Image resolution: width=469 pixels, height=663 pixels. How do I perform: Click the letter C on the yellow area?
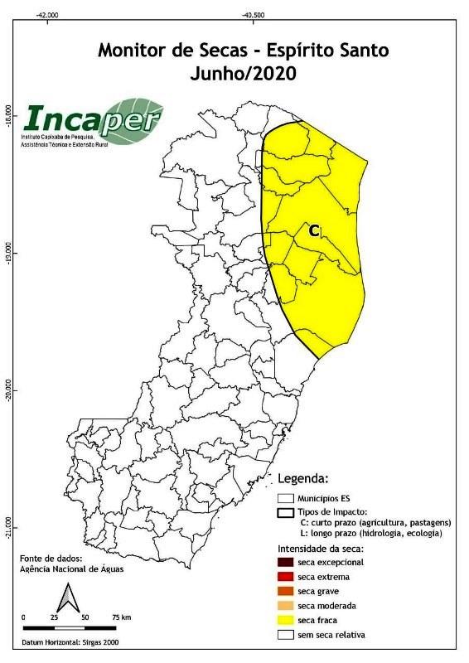tap(313, 231)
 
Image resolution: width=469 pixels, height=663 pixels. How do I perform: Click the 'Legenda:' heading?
tap(303, 478)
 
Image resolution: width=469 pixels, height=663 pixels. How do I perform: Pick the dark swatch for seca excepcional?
tap(286, 562)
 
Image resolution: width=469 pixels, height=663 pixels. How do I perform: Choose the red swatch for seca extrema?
tap(286, 577)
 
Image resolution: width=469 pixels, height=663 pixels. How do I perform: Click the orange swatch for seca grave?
tap(286, 592)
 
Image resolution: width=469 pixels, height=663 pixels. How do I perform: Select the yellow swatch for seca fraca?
tap(286, 620)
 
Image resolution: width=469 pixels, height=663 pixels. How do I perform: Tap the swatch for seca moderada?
tap(286, 606)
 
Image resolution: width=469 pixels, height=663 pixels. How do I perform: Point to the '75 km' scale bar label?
tap(121, 618)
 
